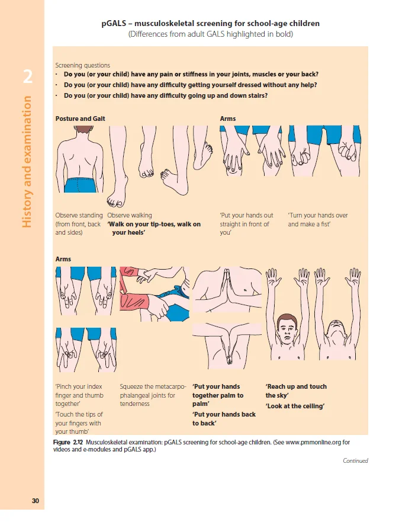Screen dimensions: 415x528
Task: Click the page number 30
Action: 36,501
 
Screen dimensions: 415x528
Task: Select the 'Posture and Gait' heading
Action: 80,119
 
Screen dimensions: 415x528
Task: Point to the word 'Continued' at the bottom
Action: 355,460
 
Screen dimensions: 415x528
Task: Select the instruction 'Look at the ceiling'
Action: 295,406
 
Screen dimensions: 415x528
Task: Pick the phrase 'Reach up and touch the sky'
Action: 296,391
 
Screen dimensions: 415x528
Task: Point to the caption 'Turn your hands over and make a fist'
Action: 317,220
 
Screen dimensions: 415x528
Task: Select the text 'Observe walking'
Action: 129,215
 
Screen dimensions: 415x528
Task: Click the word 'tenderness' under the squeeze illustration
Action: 136,404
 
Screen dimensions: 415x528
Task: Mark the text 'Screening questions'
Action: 82,65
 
